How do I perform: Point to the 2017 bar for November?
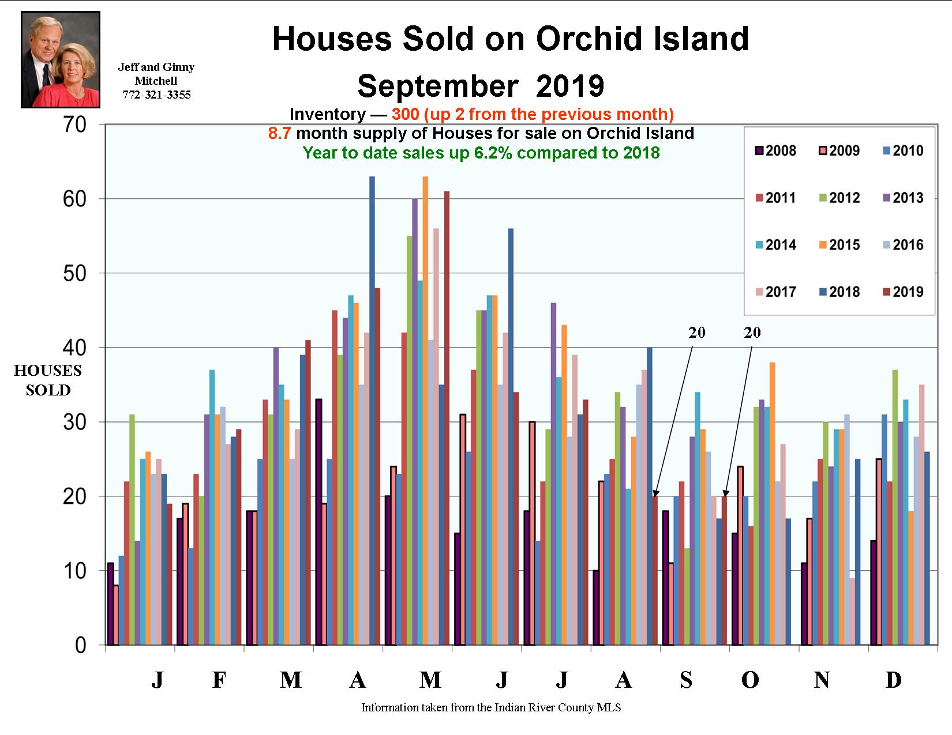tap(852, 611)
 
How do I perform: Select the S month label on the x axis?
tap(685, 680)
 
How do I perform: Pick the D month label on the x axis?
tap(893, 680)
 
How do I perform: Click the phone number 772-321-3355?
tap(156, 95)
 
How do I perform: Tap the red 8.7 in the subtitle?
tap(280, 134)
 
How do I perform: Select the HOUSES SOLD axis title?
tap(48, 380)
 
